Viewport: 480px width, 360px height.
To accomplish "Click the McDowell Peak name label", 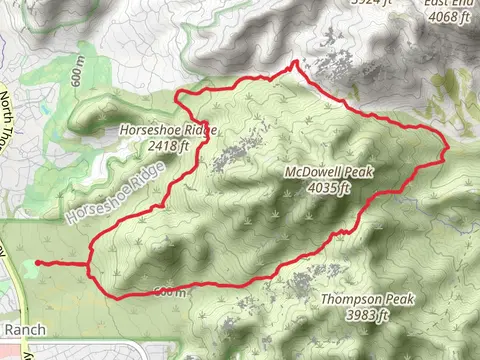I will click(329, 172).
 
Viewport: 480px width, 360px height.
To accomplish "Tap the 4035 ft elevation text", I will click(330, 186).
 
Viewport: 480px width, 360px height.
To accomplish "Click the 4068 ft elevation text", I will click(447, 16).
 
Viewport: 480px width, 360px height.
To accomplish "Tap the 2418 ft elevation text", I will click(167, 145).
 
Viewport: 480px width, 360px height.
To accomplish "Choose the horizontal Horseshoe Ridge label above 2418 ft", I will click(167, 130).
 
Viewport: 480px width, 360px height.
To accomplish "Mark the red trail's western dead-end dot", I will click(38, 263).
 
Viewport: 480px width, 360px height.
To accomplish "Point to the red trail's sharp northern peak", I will click(295, 64).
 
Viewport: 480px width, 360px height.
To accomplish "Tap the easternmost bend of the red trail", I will click(447, 148).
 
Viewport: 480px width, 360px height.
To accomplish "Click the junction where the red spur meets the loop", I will click(90, 265).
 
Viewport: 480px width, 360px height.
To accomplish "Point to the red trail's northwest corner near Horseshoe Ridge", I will click(177, 96).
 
